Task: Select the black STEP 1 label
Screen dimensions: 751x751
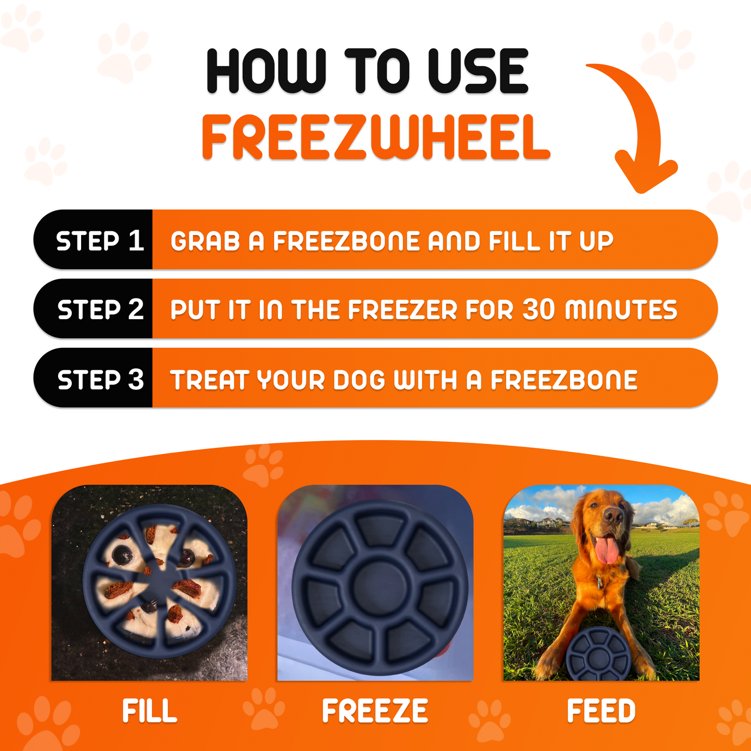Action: pyautogui.click(x=99, y=241)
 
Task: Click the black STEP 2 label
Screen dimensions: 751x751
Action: pyautogui.click(x=100, y=309)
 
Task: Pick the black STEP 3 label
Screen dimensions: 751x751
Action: pyautogui.click(x=100, y=379)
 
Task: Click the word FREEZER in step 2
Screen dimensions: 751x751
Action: pyautogui.click(x=404, y=310)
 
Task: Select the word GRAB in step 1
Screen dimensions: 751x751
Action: pyautogui.click(x=205, y=241)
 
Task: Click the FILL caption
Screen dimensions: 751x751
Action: pyautogui.click(x=150, y=711)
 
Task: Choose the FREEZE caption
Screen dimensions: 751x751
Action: pyautogui.click(x=375, y=711)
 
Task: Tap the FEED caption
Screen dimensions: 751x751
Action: pyautogui.click(x=601, y=711)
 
